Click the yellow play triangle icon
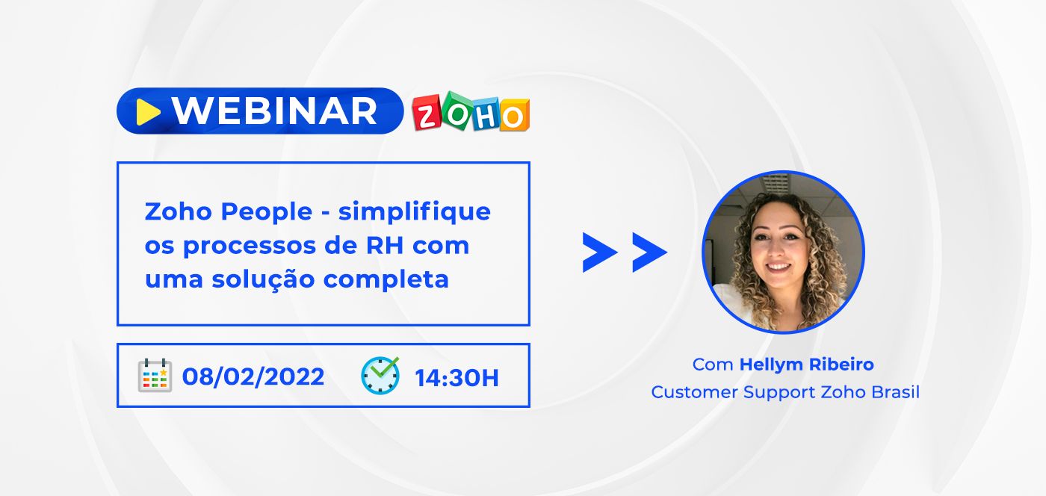click(x=148, y=112)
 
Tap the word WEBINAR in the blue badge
click(x=275, y=111)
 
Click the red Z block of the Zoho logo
click(x=427, y=113)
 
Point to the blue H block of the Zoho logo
click(x=486, y=114)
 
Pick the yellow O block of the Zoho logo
click(x=514, y=114)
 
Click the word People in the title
click(x=266, y=212)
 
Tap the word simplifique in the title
click(x=414, y=212)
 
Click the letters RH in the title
click(x=384, y=245)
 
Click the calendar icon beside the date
click(x=155, y=375)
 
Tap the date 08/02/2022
click(x=253, y=376)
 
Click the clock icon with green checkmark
click(x=380, y=375)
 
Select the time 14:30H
click(x=457, y=378)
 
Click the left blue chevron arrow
click(x=599, y=252)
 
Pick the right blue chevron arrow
click(x=649, y=252)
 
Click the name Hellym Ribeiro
click(x=806, y=365)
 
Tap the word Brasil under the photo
click(x=895, y=392)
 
